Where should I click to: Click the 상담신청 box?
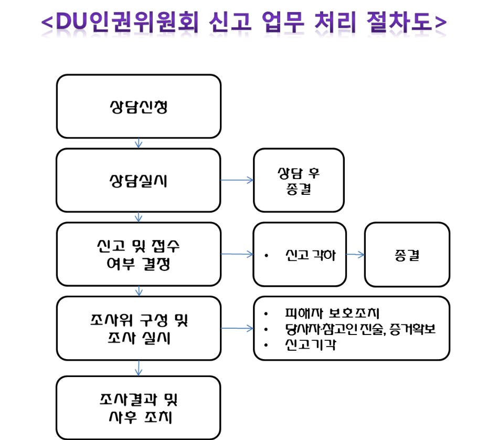click(139, 106)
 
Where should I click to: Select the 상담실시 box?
click(139, 180)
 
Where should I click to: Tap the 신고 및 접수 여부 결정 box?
click(139, 254)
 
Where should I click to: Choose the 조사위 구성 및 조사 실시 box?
click(139, 328)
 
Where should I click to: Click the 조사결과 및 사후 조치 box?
click(139, 407)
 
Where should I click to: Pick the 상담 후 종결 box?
click(299, 180)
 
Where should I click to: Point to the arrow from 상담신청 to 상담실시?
click(139, 143)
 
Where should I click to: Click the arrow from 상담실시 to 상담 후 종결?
click(237, 180)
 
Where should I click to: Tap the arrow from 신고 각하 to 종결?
click(355, 255)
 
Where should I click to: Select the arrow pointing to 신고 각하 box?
click(237, 255)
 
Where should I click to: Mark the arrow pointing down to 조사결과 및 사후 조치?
click(139, 368)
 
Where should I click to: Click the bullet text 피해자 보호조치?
click(331, 313)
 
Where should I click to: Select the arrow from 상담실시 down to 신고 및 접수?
click(139, 217)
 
